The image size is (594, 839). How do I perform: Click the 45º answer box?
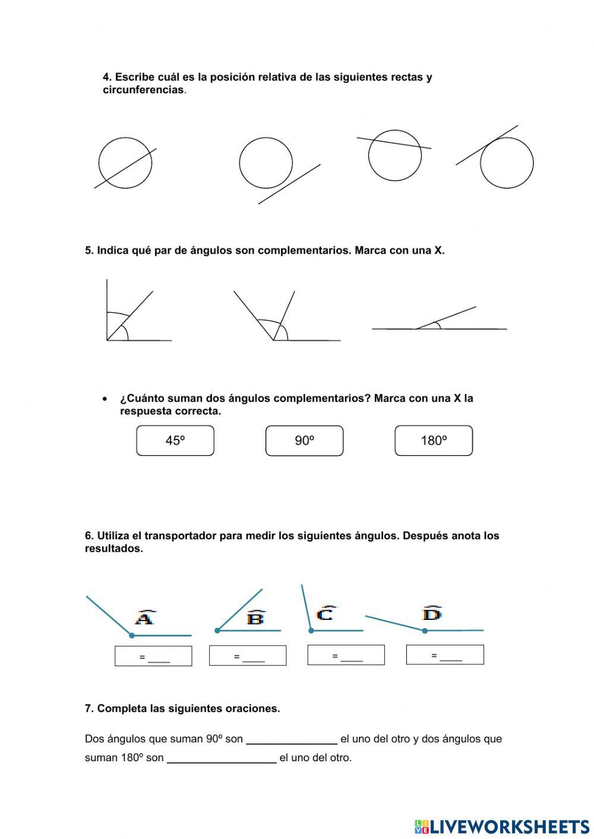point(175,441)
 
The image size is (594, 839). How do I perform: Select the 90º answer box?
point(304,441)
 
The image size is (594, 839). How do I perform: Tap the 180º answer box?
point(434,441)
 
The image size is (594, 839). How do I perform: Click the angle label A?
point(145,618)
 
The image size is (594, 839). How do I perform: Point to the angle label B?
point(255,618)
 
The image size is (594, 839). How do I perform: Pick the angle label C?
point(326,613)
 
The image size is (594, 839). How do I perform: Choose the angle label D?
point(432,613)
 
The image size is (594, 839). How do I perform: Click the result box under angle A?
point(153,656)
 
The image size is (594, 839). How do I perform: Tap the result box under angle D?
point(445,654)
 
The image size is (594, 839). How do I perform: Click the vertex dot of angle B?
point(217,631)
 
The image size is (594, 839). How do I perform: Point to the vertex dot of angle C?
point(311,631)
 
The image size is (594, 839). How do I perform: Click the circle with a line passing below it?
point(266,163)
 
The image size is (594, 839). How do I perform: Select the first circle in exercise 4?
point(125,163)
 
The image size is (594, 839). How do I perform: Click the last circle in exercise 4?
point(507,163)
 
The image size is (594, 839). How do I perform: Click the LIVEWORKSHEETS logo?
point(502,827)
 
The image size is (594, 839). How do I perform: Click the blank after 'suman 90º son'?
point(292,740)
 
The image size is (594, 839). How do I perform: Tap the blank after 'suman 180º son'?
point(222,758)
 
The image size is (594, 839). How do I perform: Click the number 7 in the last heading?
point(88,708)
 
